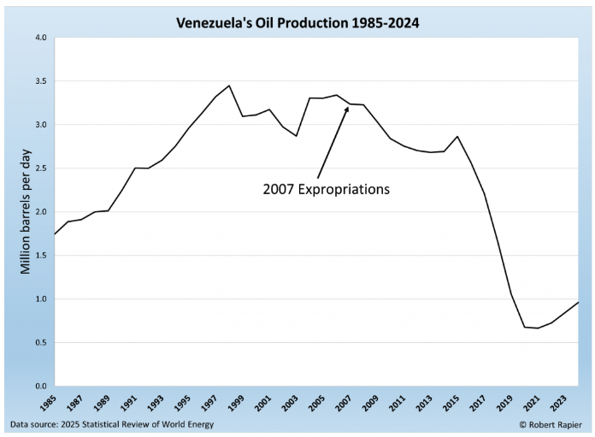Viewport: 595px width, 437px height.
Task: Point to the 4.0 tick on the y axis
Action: (x=40, y=38)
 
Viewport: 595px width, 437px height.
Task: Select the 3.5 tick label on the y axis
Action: (x=40, y=81)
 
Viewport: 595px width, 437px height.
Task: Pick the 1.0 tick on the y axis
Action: (x=40, y=299)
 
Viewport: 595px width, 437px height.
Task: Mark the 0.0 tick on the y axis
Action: (x=40, y=387)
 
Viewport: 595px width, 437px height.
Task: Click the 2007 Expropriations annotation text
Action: (x=326, y=188)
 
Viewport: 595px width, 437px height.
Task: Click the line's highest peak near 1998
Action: (x=229, y=86)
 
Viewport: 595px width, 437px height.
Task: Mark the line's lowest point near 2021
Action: (x=538, y=328)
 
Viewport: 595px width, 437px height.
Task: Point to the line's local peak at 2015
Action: (x=457, y=136)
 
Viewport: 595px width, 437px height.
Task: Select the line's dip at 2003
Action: (x=297, y=136)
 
